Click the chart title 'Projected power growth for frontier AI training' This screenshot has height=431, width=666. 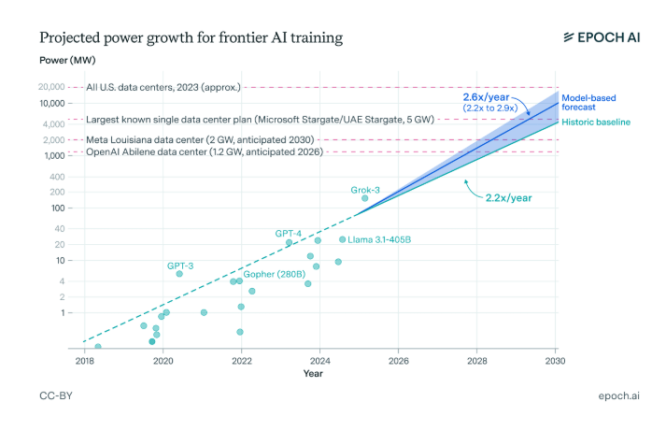click(x=190, y=38)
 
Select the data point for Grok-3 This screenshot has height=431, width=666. click(x=365, y=198)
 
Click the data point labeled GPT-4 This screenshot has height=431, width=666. click(x=289, y=242)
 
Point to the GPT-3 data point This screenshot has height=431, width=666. click(x=179, y=274)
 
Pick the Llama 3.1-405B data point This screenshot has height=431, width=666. click(x=343, y=239)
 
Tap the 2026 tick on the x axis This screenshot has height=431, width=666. click(x=398, y=360)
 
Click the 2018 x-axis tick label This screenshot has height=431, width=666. click(x=84, y=360)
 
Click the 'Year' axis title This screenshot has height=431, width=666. click(x=313, y=374)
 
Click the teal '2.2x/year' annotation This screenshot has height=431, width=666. click(x=509, y=197)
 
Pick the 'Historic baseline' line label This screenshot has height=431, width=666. click(x=595, y=122)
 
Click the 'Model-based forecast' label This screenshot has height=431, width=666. click(x=594, y=102)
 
